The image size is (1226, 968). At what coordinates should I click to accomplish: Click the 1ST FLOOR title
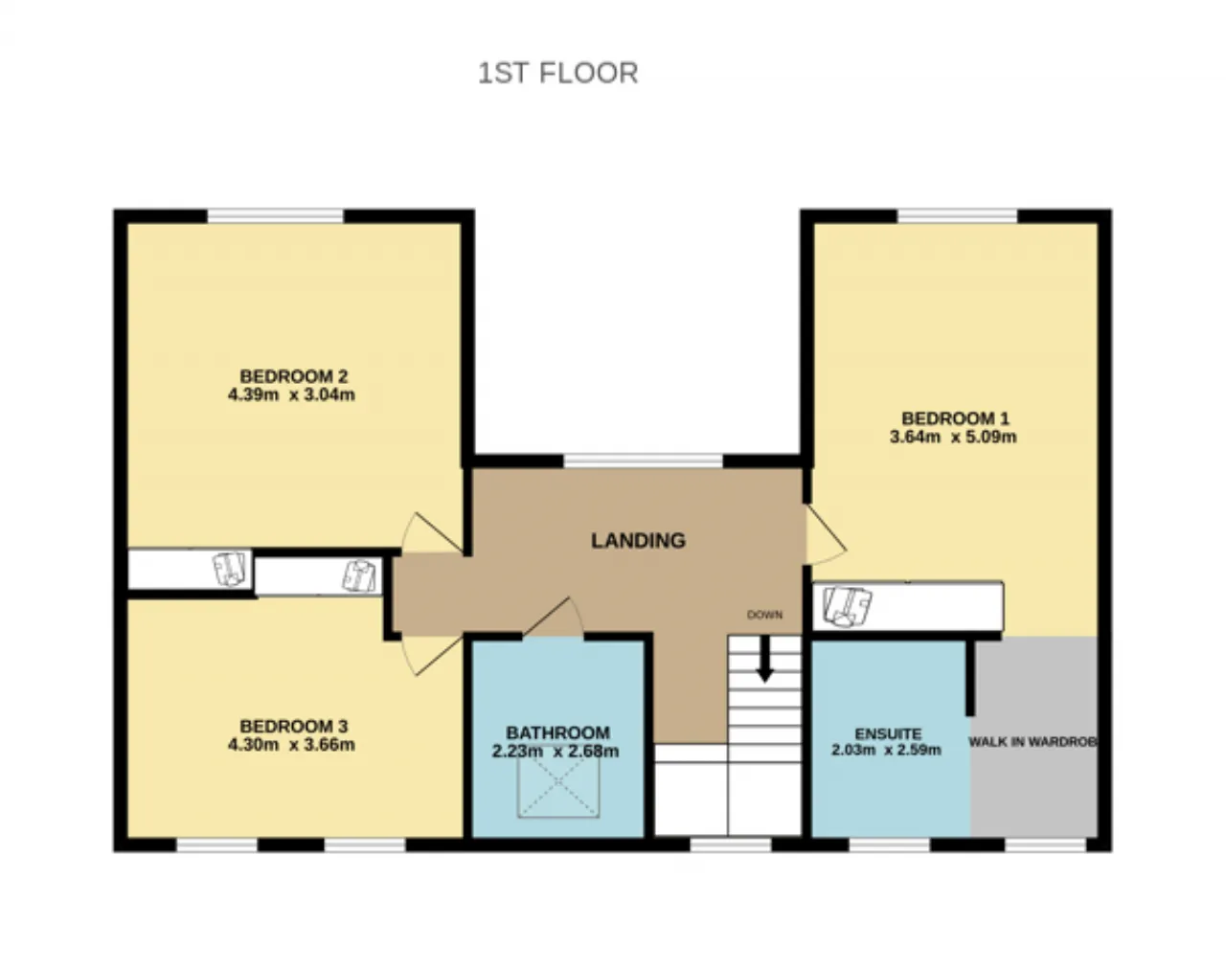pos(557,74)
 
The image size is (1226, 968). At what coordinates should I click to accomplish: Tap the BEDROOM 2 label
pos(293,376)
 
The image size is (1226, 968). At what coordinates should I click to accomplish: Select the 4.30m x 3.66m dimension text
pos(291,745)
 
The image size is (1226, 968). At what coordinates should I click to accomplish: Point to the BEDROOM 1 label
pos(955,418)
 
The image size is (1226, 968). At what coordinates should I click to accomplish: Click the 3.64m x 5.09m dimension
pos(953,437)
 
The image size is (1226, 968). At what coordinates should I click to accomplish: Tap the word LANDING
pos(638,540)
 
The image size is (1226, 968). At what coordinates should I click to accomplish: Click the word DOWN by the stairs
pos(764,615)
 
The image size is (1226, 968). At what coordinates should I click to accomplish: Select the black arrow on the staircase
pos(764,658)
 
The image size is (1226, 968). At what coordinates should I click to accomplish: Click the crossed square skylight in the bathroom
pos(558,781)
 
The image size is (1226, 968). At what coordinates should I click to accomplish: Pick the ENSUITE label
pos(888,734)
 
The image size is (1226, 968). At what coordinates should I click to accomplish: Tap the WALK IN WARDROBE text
pos(1033,742)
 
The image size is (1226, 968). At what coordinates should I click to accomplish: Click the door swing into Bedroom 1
pos(825,535)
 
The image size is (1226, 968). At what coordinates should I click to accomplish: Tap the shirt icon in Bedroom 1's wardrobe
pos(847,607)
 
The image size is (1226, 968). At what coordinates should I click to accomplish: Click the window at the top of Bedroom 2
pos(275,216)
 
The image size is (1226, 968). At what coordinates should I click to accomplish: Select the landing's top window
pos(644,461)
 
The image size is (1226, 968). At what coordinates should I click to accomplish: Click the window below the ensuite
pos(889,845)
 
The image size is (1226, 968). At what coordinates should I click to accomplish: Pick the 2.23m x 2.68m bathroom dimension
pos(555,751)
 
